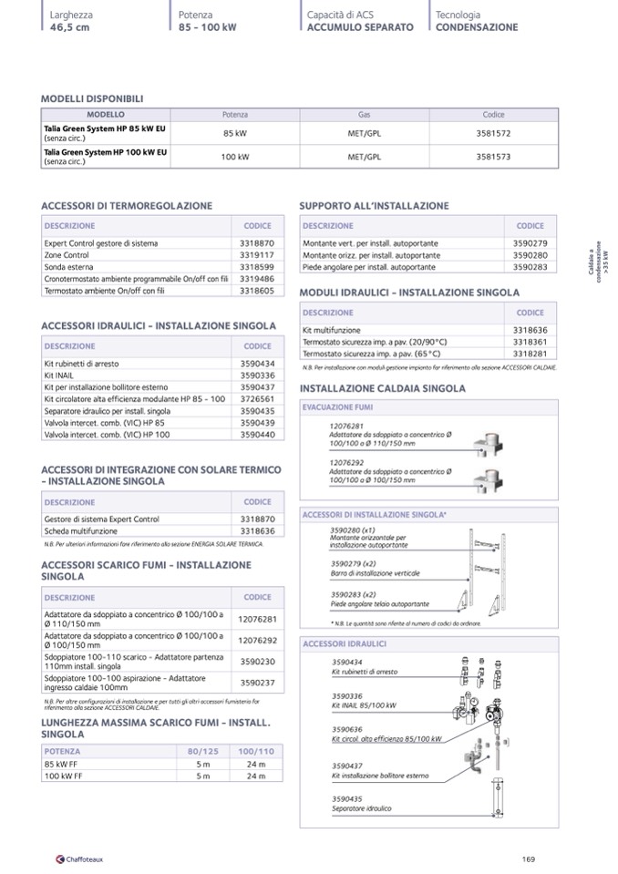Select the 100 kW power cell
pyautogui.click(x=235, y=157)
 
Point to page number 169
pyautogui.click(x=529, y=858)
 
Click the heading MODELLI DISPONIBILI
pyautogui.click(x=92, y=98)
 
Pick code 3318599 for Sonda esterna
pyautogui.click(x=257, y=267)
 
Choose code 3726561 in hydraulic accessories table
pyautogui.click(x=257, y=399)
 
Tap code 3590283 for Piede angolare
pyautogui.click(x=530, y=268)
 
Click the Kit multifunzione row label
pyautogui.click(x=332, y=330)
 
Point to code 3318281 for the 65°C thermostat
pyautogui.click(x=530, y=353)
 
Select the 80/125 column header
pyautogui.click(x=199, y=751)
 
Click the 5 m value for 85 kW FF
pyautogui.click(x=202, y=764)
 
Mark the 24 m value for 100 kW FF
pyautogui.click(x=256, y=776)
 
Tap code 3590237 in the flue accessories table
pyautogui.click(x=257, y=681)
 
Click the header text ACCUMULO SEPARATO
pyautogui.click(x=360, y=27)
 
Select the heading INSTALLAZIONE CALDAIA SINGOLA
pyautogui.click(x=383, y=388)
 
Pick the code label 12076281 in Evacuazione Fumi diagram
pyautogui.click(x=346, y=426)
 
